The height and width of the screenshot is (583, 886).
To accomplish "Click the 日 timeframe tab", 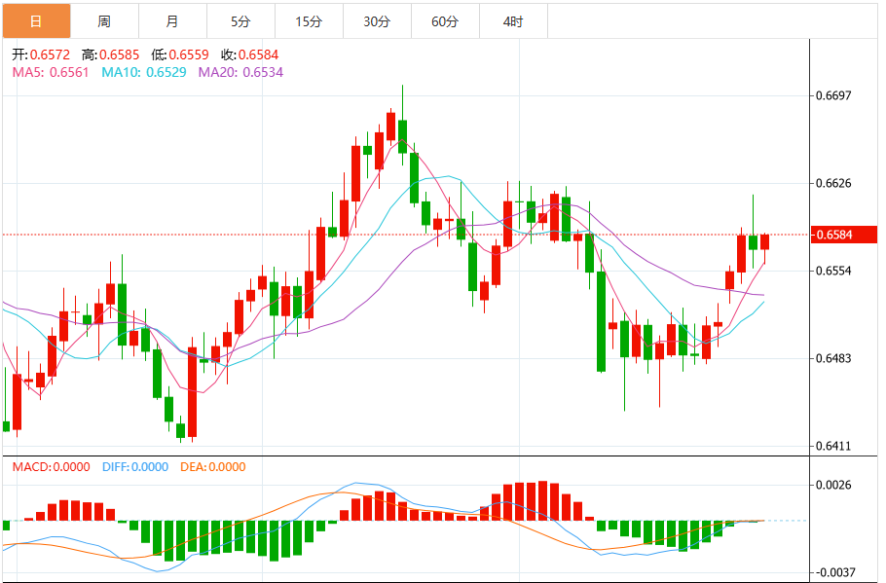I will pyautogui.click(x=36, y=20).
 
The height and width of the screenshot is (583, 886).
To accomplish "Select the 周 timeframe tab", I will pyautogui.click(x=104, y=20).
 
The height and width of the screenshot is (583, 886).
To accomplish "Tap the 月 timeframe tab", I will pyautogui.click(x=172, y=20).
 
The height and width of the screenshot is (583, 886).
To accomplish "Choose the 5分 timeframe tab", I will pyautogui.click(x=240, y=20).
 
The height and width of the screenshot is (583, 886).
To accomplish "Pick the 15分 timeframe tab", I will pyautogui.click(x=309, y=20).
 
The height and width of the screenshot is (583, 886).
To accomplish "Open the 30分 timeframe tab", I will pyautogui.click(x=377, y=20).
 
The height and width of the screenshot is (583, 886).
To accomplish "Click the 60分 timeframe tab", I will pyautogui.click(x=445, y=20).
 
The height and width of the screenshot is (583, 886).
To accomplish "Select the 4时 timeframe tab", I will pyautogui.click(x=513, y=20).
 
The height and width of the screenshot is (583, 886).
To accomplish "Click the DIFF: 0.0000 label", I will pyautogui.click(x=134, y=467).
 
